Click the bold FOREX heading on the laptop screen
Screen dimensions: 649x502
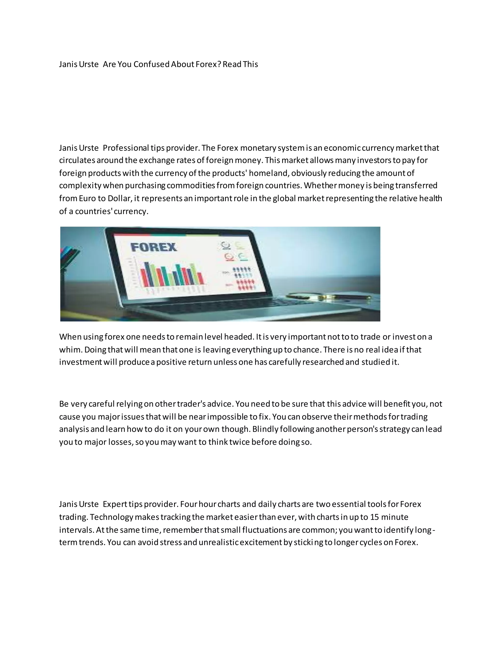point(153,247)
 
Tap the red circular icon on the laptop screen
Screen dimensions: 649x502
point(229,256)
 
